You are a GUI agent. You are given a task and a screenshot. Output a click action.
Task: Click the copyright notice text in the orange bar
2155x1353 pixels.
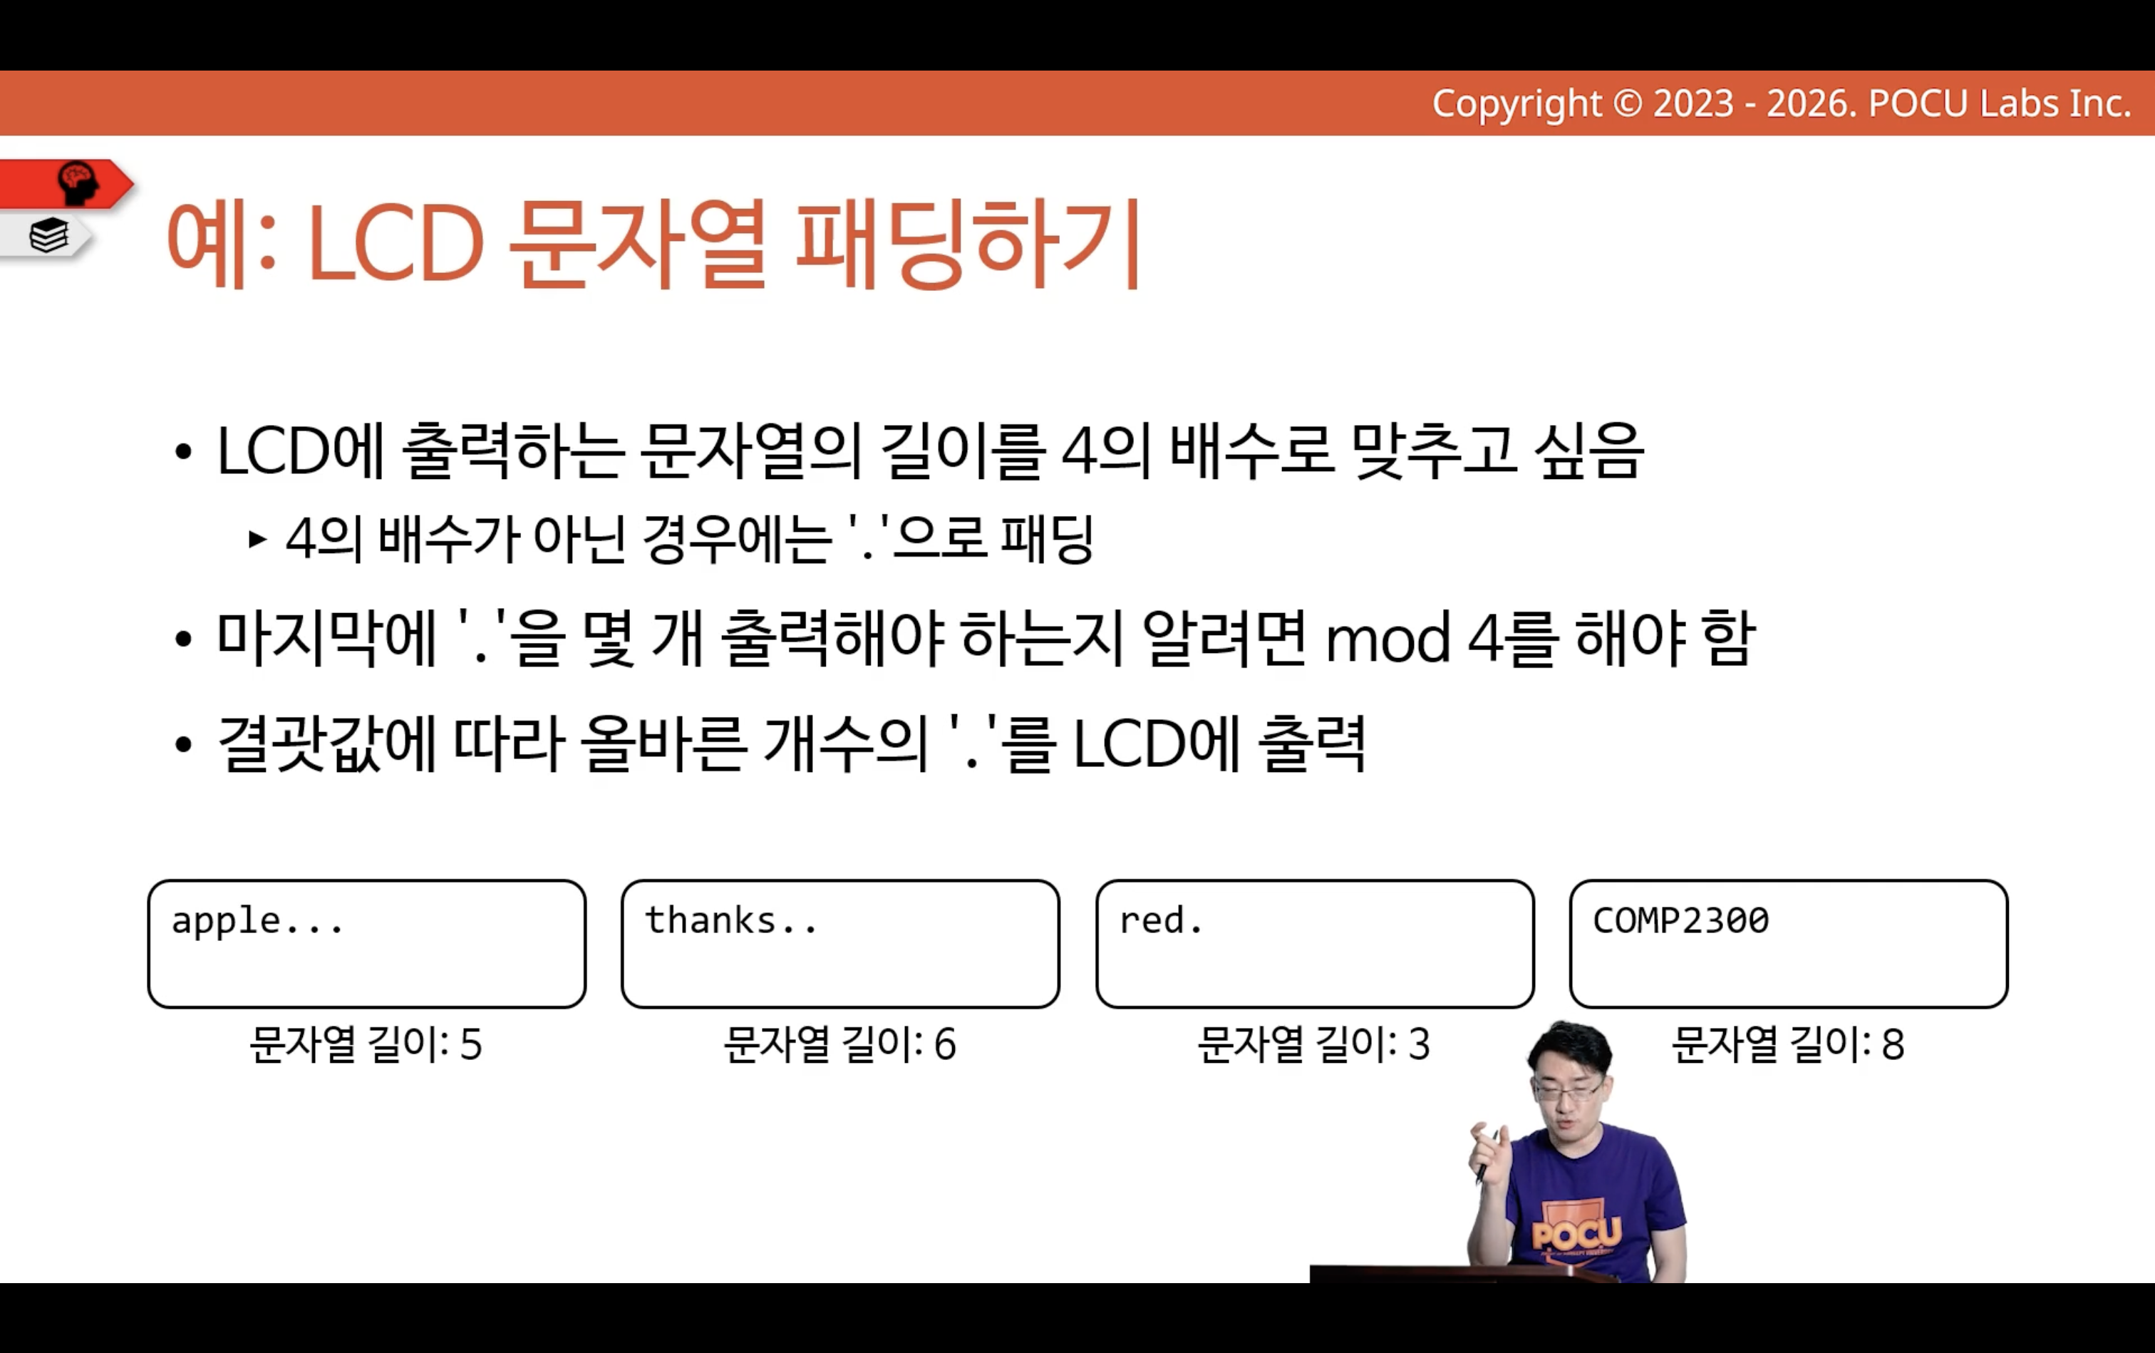(x=1781, y=104)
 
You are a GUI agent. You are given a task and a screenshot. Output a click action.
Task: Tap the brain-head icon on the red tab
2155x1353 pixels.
(x=77, y=182)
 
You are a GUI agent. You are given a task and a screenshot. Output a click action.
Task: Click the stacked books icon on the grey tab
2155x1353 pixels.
(x=48, y=235)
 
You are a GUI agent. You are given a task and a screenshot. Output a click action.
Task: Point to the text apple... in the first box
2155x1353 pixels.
(x=258, y=922)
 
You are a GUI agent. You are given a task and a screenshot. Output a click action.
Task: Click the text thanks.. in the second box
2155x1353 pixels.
(x=731, y=921)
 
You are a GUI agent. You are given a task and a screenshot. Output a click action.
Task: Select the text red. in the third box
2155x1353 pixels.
(x=1161, y=921)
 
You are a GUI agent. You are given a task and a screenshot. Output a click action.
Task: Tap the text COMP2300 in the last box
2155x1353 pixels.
(x=1681, y=921)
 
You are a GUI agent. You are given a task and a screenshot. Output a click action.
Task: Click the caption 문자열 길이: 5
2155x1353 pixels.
(x=366, y=1044)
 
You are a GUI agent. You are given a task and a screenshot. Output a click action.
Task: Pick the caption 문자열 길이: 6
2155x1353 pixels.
(x=840, y=1044)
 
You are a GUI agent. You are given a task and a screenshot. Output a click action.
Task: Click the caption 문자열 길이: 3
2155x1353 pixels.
(x=1314, y=1044)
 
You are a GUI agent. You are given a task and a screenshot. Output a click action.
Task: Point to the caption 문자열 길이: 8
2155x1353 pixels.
(x=1788, y=1044)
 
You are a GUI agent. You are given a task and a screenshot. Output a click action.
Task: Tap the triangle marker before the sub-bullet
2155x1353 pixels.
(x=258, y=540)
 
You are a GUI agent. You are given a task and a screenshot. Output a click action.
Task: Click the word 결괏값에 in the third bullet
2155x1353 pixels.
(x=327, y=744)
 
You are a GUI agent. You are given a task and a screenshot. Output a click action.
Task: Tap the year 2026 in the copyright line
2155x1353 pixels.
(x=1811, y=104)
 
